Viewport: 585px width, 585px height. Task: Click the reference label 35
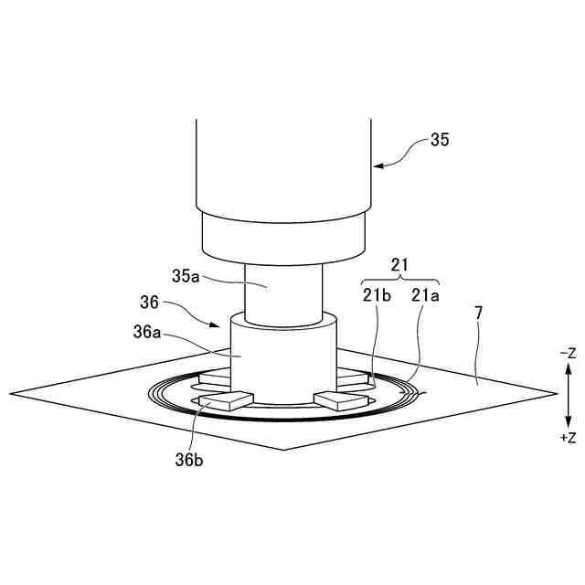(x=440, y=140)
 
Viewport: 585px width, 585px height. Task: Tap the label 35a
(x=186, y=276)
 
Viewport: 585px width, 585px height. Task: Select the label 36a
(x=147, y=332)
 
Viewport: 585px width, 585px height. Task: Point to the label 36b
(x=189, y=460)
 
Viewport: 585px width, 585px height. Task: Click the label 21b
(x=377, y=295)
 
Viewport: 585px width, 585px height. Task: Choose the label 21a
(x=425, y=295)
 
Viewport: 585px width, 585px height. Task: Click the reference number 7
(x=479, y=313)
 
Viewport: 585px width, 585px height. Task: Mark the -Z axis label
(x=569, y=353)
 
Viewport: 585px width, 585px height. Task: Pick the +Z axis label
(x=569, y=438)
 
